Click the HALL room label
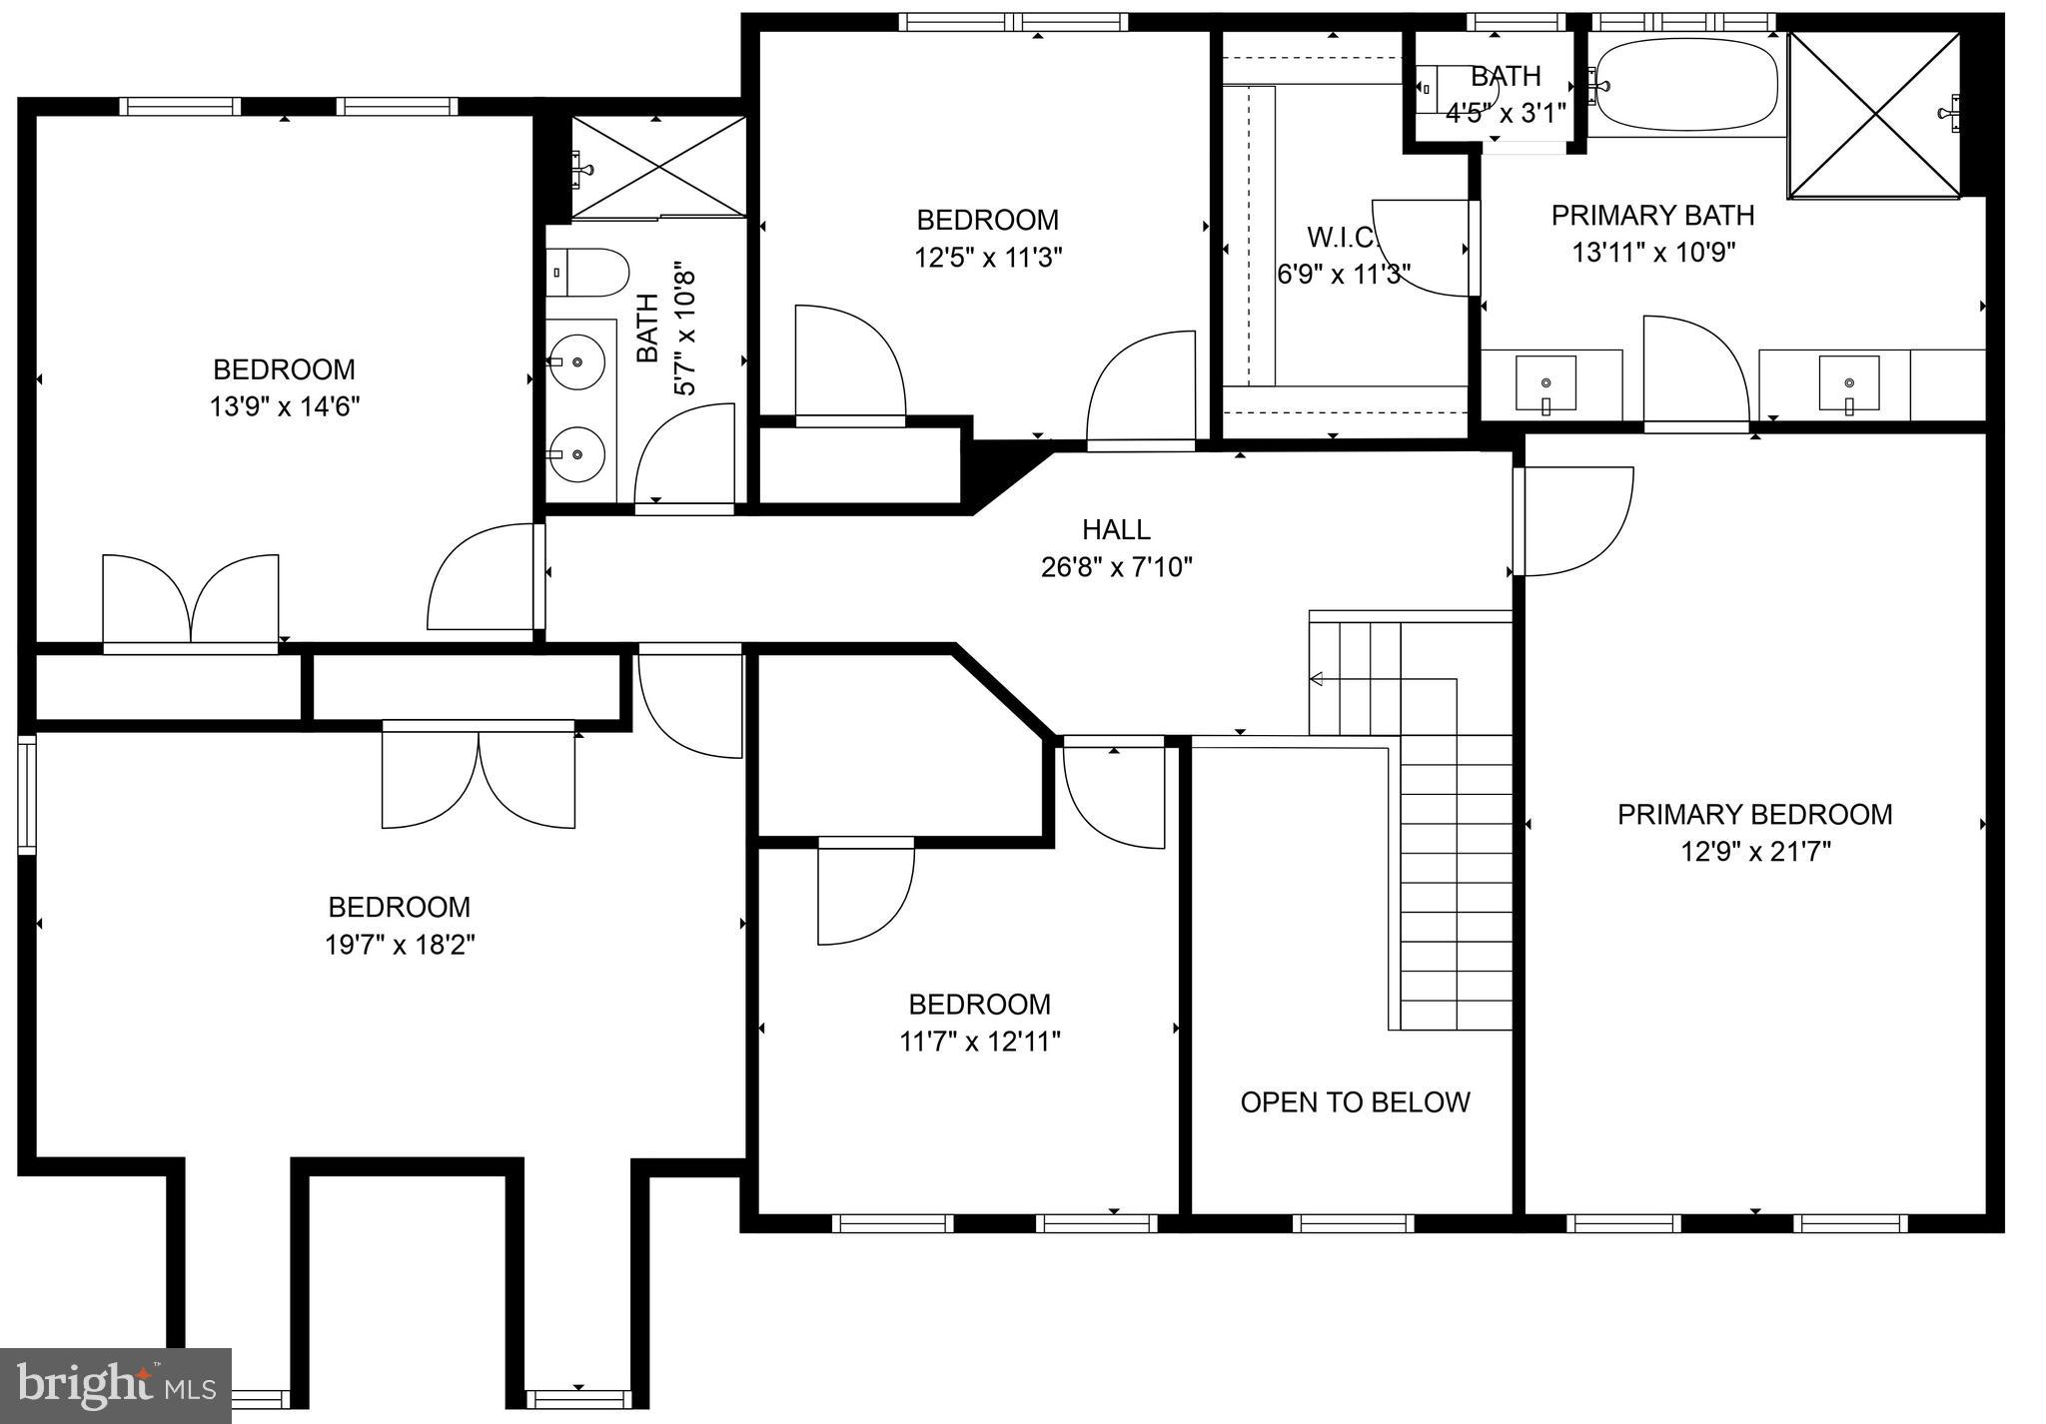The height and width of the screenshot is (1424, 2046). point(1116,529)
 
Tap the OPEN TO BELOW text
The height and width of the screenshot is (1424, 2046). point(1355,1102)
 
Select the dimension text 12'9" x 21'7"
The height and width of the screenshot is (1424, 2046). point(1754,852)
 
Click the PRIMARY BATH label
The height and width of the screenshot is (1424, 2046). point(1652,215)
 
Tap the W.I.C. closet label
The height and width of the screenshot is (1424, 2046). point(1342,238)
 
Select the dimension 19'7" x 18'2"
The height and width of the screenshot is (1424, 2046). point(400,945)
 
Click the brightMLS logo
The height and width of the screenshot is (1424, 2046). point(116,1386)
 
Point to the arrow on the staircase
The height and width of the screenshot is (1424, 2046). point(1317,679)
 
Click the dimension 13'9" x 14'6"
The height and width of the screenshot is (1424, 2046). point(284,407)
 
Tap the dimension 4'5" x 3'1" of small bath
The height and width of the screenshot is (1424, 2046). point(1506,112)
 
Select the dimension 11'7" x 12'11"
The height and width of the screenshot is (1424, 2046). point(979,1043)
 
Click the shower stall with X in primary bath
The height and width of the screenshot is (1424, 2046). point(1873,114)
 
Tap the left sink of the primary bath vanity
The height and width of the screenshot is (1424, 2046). point(1545,383)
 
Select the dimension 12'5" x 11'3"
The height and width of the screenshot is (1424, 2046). point(987,258)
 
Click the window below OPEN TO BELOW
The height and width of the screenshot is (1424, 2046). point(1353,1222)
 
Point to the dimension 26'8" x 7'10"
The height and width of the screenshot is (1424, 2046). point(1116,567)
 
